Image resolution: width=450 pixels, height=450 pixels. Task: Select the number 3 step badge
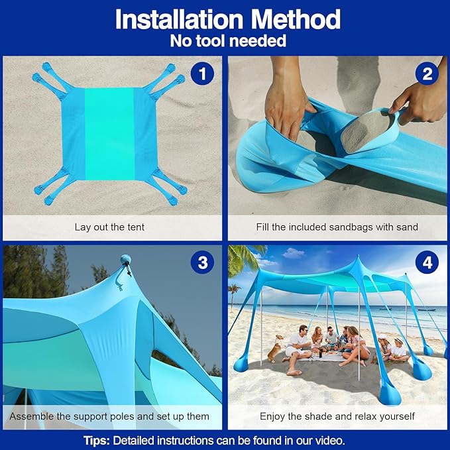[201, 263]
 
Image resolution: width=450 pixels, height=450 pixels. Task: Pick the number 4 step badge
[427, 263]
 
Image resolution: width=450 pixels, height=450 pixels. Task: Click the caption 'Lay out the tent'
[109, 227]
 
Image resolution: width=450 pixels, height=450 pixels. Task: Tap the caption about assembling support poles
[109, 416]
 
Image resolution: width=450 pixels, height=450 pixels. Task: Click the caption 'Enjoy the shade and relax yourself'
[337, 416]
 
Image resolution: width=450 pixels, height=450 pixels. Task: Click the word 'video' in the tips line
[329, 440]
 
